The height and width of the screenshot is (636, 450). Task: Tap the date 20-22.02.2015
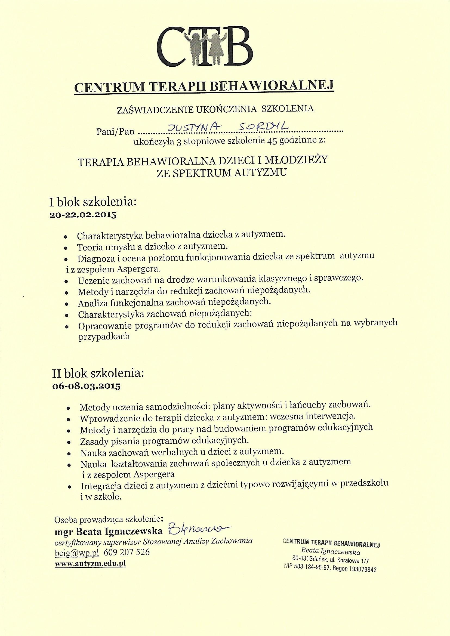[83, 215]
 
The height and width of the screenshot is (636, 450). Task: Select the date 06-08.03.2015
[86, 387]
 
